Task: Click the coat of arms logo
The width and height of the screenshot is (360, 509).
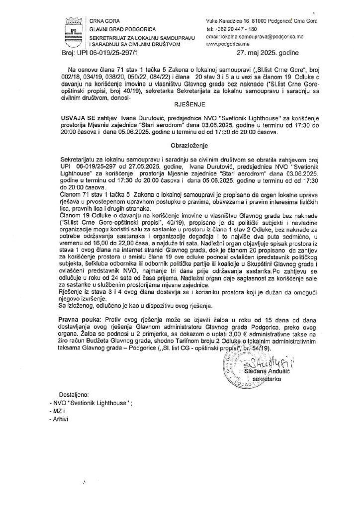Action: (x=73, y=29)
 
